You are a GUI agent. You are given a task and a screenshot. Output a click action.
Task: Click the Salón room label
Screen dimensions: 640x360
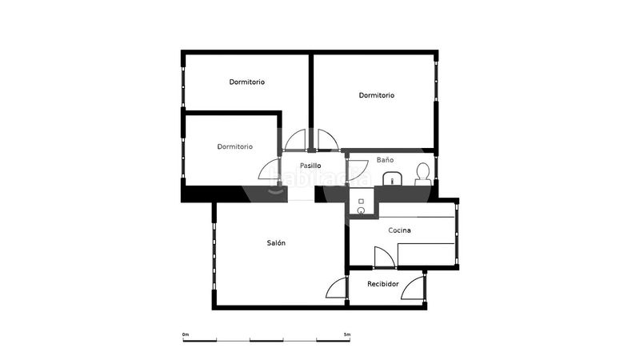276,243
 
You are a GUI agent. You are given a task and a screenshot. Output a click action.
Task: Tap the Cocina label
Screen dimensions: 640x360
399,230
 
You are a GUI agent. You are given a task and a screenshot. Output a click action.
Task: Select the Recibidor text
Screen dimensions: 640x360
383,284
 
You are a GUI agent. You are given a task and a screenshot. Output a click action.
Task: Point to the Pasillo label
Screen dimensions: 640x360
310,166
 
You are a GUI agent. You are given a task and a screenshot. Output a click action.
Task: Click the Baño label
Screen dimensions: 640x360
385,159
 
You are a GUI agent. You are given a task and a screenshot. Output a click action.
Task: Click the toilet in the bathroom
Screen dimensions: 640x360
423,174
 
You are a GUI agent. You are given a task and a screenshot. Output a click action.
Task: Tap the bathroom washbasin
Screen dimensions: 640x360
392,178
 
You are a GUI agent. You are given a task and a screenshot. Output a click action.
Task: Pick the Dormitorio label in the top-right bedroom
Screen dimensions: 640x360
376,95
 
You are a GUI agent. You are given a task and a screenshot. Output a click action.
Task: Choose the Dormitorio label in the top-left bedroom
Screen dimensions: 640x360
246,82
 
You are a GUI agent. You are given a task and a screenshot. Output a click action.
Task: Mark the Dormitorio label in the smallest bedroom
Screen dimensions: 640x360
234,146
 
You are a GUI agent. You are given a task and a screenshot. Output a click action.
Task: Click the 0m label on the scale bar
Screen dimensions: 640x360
186,334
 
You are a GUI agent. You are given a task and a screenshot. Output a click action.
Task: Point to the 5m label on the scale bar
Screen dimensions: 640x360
347,334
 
